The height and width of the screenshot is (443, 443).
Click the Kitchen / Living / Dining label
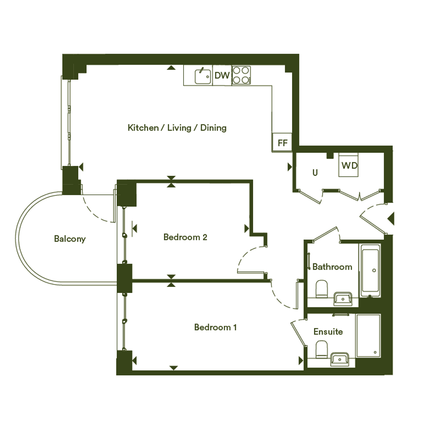pos(177,128)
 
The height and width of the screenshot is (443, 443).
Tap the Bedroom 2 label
pos(185,237)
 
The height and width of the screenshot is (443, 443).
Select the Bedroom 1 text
pos(215,327)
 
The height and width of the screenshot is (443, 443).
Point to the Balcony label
pos(70,239)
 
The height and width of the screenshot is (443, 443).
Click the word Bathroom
pos(332,267)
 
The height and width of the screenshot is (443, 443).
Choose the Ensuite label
pos(328,331)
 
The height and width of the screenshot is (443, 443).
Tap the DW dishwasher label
pos(222,75)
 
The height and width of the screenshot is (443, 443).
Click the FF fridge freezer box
pos(282,143)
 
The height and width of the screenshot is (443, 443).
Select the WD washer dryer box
pos(349,165)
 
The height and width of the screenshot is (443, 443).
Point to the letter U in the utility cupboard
pos(315,173)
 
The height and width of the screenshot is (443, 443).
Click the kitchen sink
pos(203,76)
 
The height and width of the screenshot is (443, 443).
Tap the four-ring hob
pos(241,75)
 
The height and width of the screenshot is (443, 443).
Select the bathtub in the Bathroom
pos(370,271)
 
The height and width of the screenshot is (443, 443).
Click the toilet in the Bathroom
pos(321,289)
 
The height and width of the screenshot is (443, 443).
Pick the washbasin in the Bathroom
pos(343,299)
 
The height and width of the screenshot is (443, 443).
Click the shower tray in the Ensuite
pos(368,336)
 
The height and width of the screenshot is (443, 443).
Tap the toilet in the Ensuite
pos(321,349)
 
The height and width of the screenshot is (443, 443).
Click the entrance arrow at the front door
pos(391,218)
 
